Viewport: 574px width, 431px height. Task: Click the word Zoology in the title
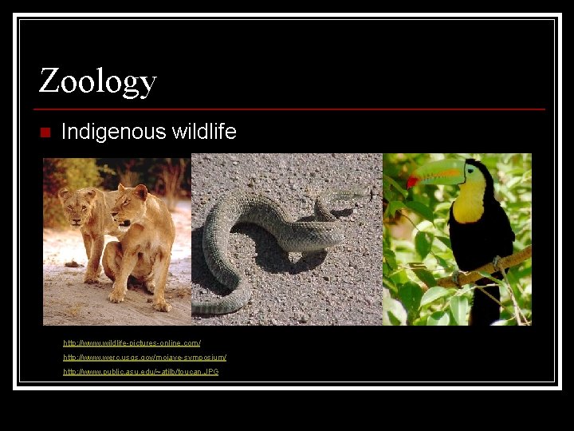97,81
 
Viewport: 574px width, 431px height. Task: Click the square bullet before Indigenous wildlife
44,132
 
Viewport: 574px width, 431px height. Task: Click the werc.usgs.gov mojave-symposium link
144,358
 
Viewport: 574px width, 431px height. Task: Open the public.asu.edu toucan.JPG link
140,372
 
